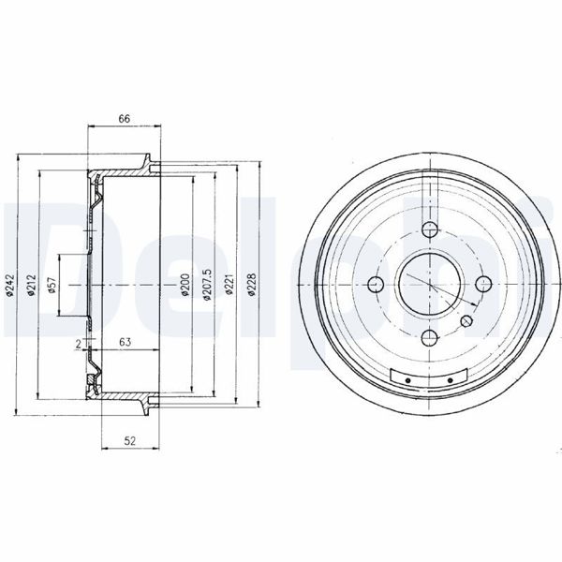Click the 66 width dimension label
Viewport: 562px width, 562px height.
coord(125,118)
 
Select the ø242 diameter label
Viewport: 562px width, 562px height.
coord(9,286)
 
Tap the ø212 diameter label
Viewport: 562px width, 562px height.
coord(32,286)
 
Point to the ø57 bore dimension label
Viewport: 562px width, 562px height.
coord(52,286)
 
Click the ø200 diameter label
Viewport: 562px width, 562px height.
coord(185,286)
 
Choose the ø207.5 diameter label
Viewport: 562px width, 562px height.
coord(208,285)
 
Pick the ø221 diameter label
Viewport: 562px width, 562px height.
coord(229,285)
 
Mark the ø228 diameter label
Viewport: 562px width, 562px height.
coord(252,285)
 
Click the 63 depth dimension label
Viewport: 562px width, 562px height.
coord(125,342)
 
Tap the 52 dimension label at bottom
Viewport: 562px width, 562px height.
coord(130,441)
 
